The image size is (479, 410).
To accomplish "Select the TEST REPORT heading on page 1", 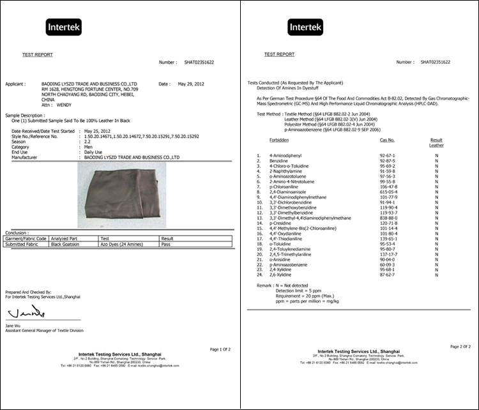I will tap(38, 55).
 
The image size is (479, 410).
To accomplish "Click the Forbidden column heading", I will tap(279, 139).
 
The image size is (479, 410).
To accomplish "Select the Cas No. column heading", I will tap(387, 139).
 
